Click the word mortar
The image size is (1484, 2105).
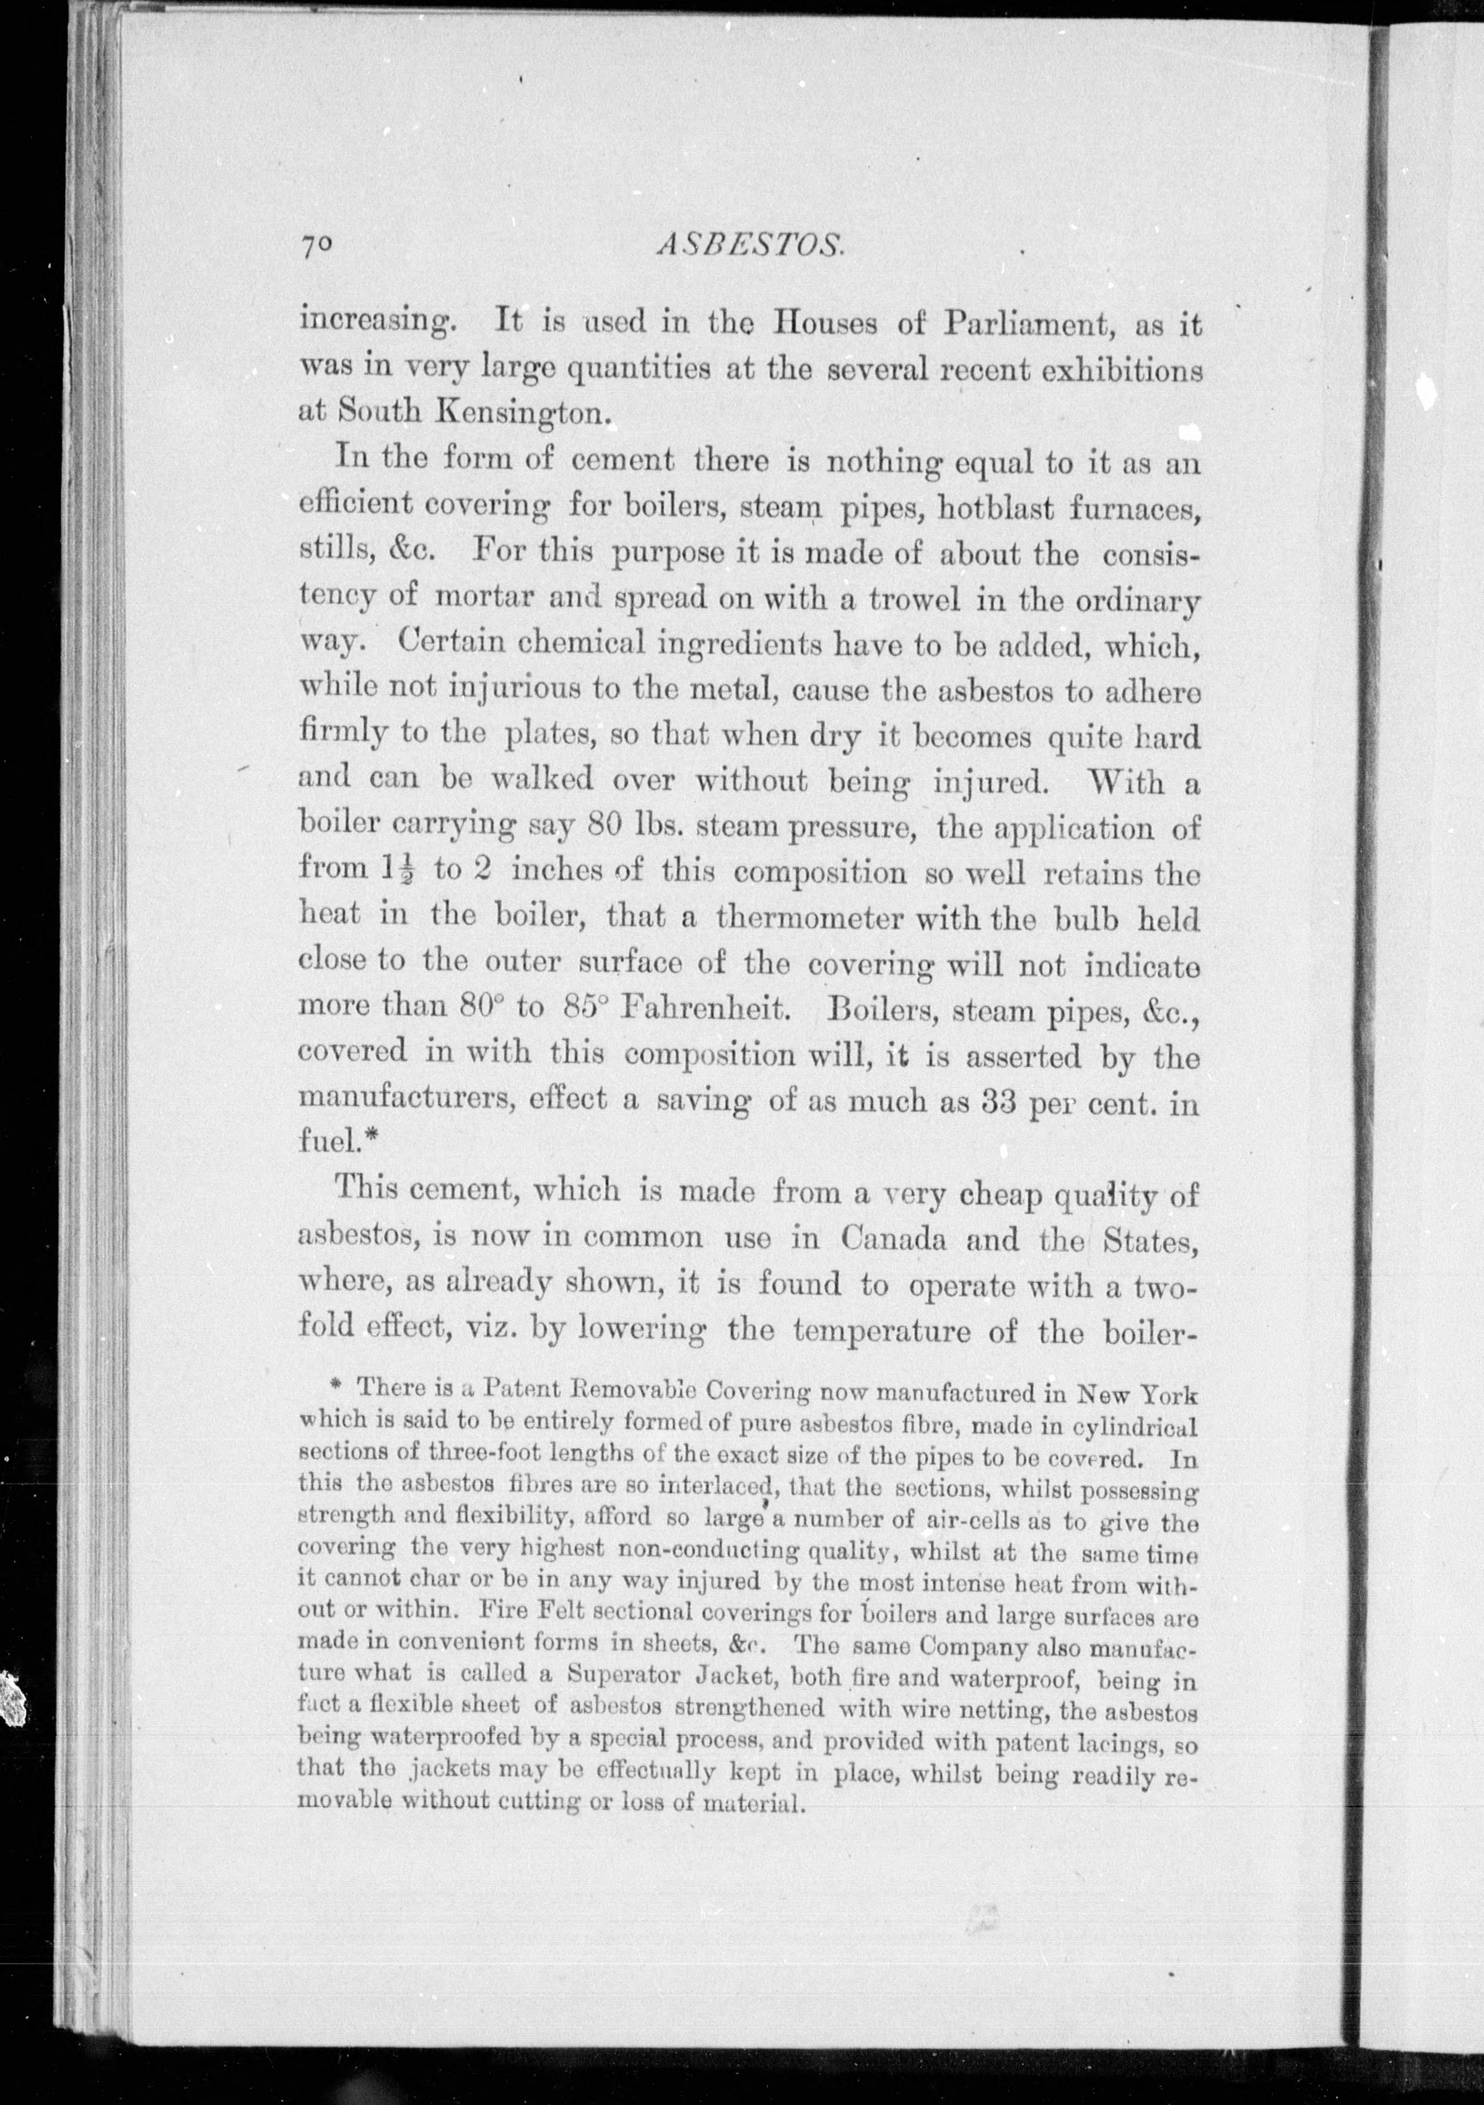coord(485,597)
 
